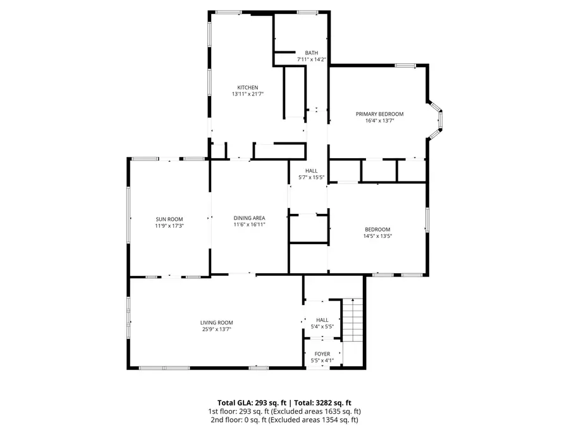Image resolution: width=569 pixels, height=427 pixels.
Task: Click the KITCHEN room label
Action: [x=247, y=87]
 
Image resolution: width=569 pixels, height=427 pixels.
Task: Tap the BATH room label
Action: [x=311, y=53]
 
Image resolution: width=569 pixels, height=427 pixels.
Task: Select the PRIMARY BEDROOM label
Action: [x=379, y=114]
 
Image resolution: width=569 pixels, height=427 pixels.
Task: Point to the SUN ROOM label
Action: [x=169, y=219]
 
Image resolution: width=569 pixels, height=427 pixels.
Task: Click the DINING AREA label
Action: [x=249, y=218]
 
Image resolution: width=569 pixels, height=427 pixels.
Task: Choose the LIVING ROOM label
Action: [x=217, y=323]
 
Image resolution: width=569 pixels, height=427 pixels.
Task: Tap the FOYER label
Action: [x=322, y=354]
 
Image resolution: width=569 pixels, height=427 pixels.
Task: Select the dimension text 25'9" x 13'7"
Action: [x=217, y=329]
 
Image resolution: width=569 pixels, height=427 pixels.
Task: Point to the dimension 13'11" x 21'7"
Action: [x=247, y=94]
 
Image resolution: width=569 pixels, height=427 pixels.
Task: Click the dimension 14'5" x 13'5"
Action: [x=377, y=236]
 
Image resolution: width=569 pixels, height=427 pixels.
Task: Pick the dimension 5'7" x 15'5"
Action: [x=312, y=177]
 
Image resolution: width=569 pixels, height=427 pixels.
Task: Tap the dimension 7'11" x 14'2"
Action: [x=311, y=59]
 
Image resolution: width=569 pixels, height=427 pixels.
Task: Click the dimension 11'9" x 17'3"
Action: [x=169, y=225]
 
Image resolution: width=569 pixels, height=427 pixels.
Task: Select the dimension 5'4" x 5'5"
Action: [x=322, y=327]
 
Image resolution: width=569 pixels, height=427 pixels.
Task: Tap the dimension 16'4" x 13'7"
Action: [x=379, y=120]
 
